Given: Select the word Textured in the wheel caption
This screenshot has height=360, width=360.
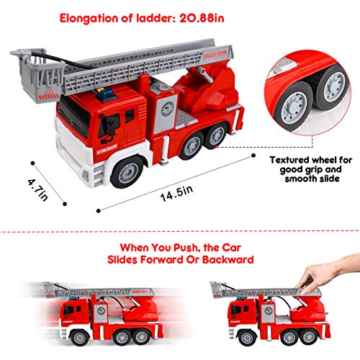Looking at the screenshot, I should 290,161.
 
